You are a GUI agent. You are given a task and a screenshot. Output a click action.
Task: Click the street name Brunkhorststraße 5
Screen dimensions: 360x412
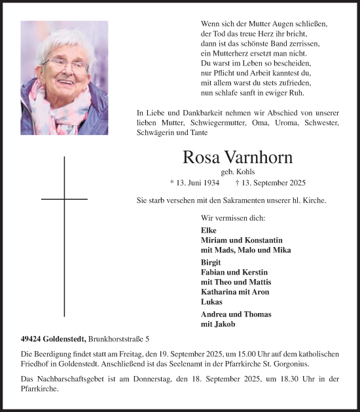coord(118,339)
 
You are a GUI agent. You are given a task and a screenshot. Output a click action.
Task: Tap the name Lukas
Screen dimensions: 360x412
coord(211,301)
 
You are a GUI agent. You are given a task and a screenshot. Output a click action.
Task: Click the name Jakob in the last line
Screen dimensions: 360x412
coord(226,324)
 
